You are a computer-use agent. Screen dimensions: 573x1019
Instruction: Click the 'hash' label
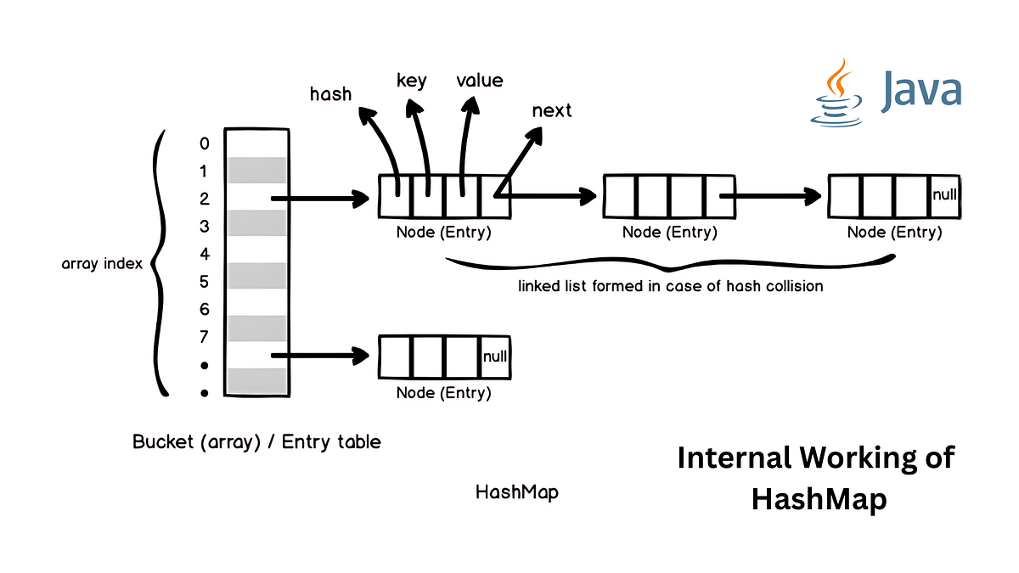point(330,93)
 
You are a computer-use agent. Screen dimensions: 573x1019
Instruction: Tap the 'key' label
point(412,81)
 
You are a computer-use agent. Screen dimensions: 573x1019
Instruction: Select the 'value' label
point(480,81)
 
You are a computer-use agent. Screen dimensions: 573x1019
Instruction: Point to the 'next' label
point(552,110)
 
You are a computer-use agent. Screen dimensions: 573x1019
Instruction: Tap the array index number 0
point(204,143)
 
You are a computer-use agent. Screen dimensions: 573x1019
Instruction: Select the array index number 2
point(204,199)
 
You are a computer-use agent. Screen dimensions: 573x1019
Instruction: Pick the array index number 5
point(204,282)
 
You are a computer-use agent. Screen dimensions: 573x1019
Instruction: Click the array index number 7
point(204,337)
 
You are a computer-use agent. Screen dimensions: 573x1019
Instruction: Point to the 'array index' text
point(101,264)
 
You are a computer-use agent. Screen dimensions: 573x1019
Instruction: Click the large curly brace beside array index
point(160,263)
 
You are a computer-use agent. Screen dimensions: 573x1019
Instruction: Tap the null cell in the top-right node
point(944,194)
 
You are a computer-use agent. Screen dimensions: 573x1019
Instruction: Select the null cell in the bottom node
point(495,357)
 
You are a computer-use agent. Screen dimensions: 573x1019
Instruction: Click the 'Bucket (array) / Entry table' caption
point(256,442)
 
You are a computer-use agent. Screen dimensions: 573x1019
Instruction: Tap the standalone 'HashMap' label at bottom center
point(517,492)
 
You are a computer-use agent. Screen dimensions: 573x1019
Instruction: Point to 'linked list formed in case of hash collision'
point(670,286)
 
